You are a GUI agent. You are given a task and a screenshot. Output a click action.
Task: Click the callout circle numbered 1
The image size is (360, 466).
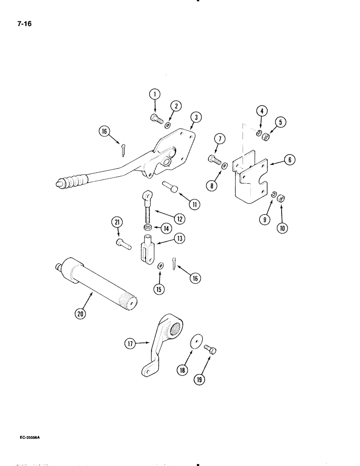155,95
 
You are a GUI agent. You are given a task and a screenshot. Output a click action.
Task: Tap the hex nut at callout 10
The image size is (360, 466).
281,199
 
